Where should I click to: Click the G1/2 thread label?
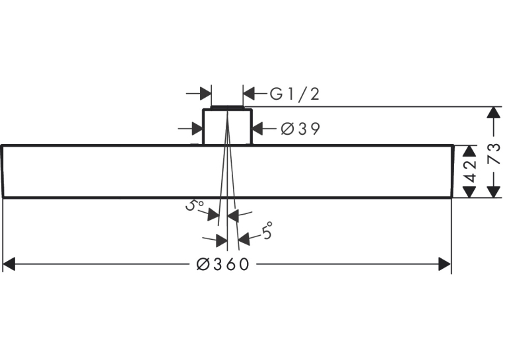point(294,94)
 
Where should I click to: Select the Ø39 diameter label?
point(300,129)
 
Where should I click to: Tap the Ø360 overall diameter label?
point(223,264)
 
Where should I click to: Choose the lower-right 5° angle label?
point(267,230)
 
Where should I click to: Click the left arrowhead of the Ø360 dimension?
point(9,264)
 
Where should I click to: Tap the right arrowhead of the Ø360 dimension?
point(445,264)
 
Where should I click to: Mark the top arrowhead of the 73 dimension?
point(493,113)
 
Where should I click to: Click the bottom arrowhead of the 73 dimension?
point(493,191)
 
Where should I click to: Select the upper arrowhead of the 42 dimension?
point(469,152)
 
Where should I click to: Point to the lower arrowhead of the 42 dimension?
point(469,191)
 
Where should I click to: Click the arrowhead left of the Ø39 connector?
point(197,129)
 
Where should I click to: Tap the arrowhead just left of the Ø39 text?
point(258,129)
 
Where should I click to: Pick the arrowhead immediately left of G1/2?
point(249,94)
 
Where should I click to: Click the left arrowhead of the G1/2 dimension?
point(205,94)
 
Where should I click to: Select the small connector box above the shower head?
point(227,127)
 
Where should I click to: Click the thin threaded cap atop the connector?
point(227,107)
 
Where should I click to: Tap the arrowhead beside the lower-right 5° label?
point(244,238)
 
